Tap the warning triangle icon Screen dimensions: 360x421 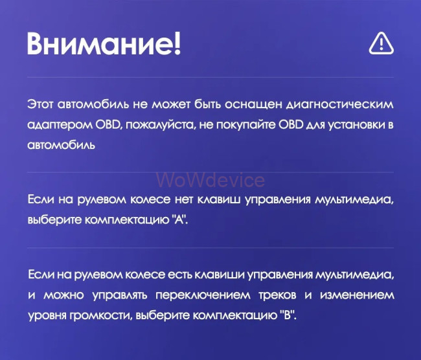381,43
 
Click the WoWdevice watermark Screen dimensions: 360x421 210,180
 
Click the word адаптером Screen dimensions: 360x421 55,124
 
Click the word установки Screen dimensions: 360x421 353,124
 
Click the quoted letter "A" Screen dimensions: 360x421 181,219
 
